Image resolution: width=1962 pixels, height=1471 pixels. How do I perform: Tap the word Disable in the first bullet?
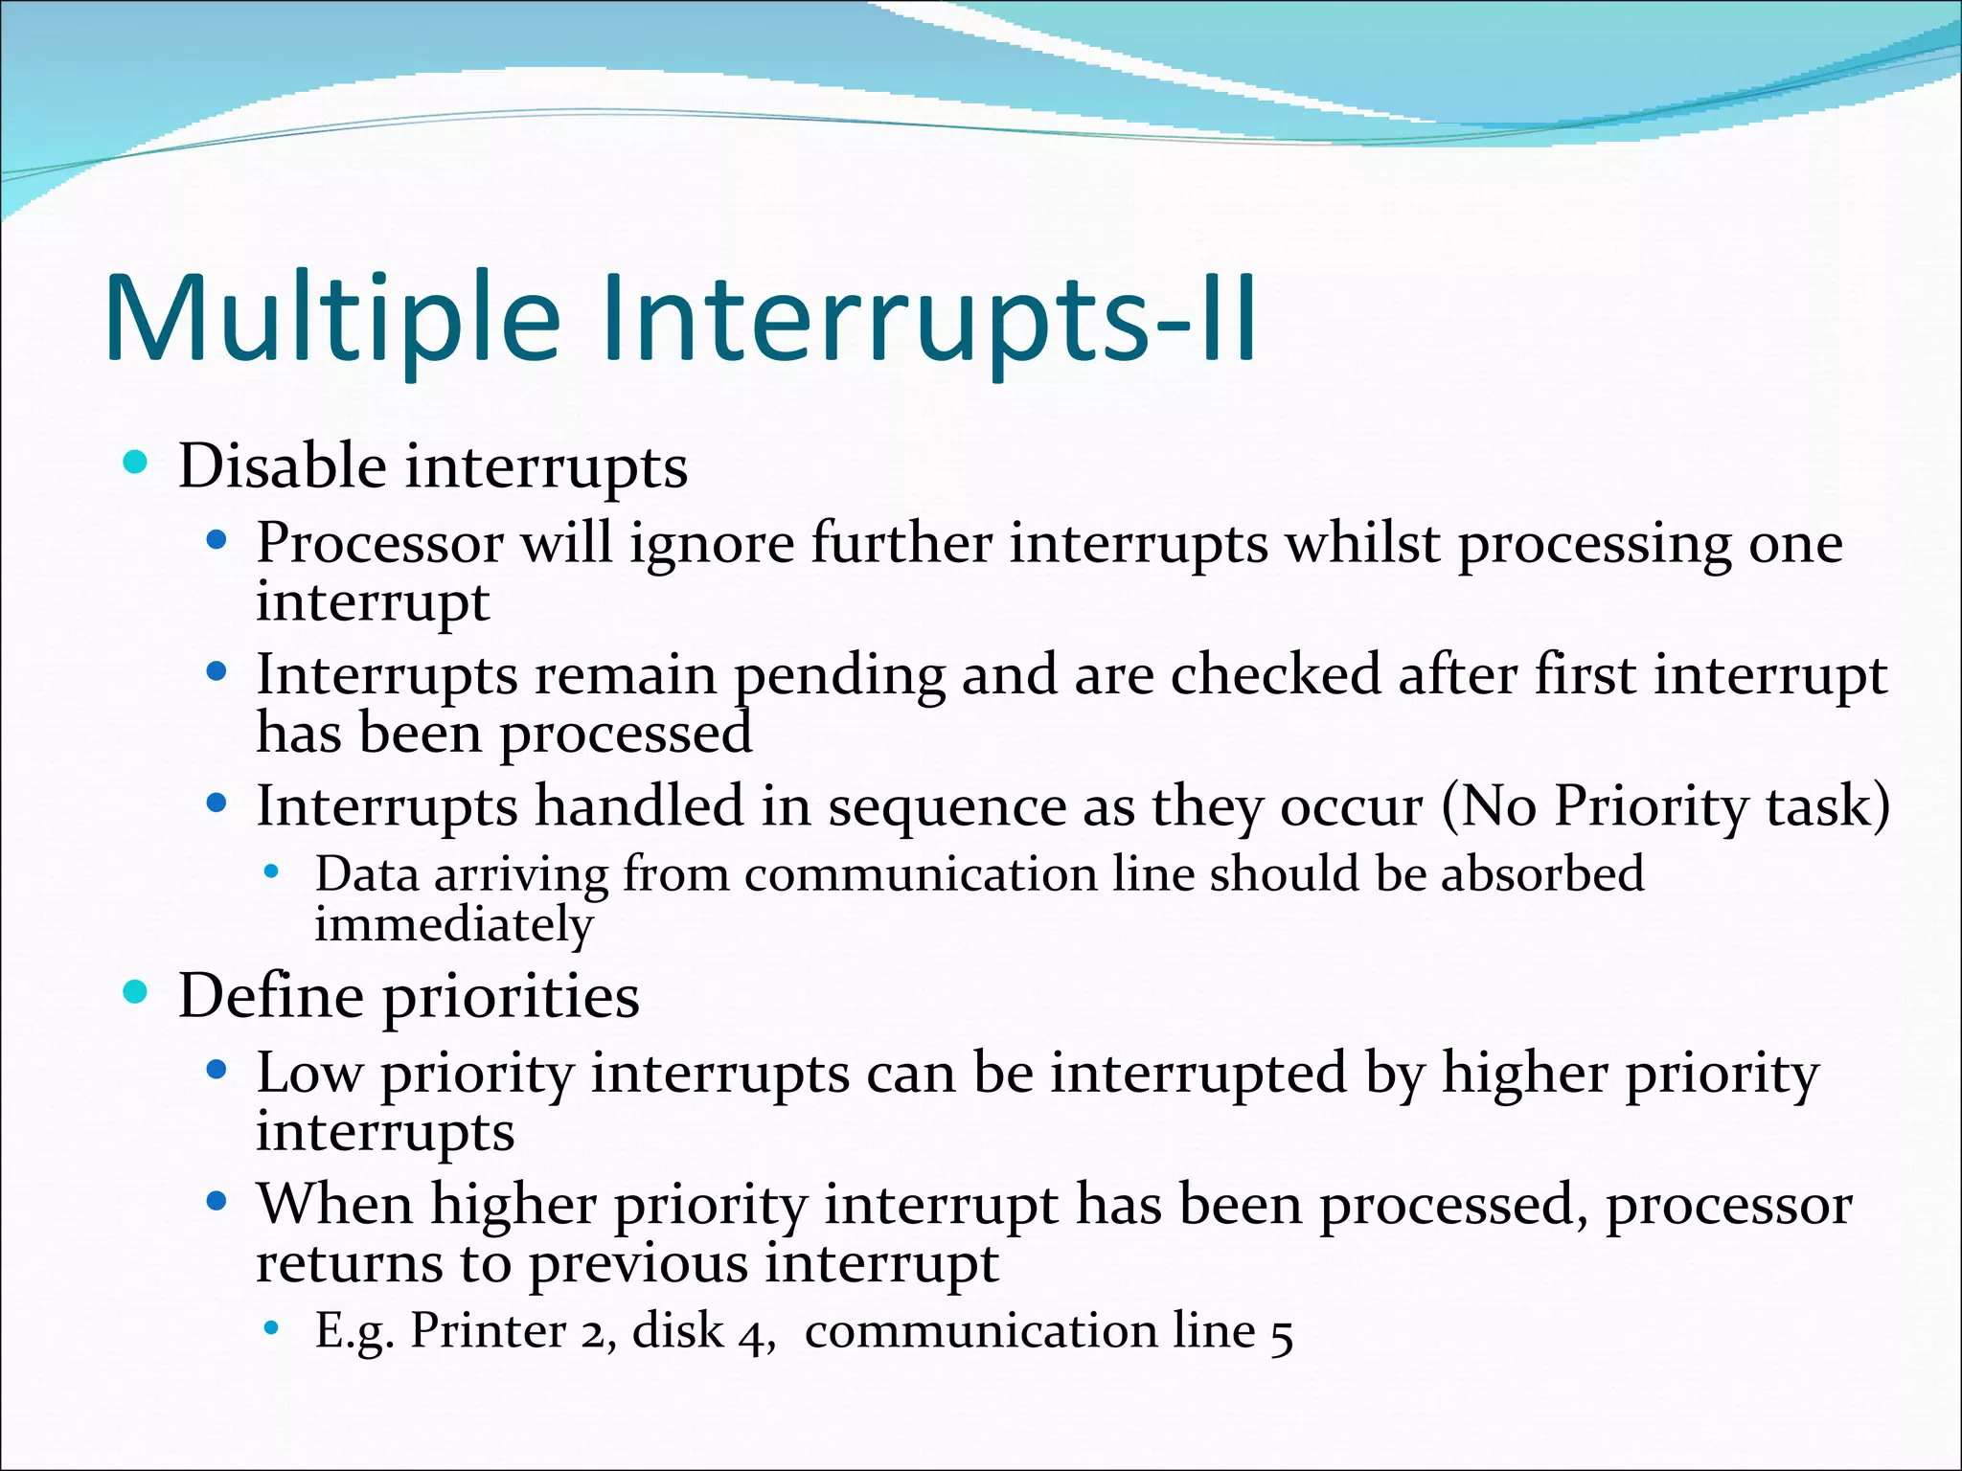pos(282,466)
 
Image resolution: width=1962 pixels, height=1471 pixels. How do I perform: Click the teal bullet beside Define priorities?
pos(135,992)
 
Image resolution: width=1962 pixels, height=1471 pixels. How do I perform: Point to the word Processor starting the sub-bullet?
pos(379,544)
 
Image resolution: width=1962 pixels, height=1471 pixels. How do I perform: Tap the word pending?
pos(839,676)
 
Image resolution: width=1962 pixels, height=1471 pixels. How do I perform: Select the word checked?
pos(1275,674)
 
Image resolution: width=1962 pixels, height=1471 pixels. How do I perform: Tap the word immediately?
pos(454,925)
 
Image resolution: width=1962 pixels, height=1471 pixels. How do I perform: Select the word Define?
pos(271,996)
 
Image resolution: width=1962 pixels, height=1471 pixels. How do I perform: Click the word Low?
pos(308,1073)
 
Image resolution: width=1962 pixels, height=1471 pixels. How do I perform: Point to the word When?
pos(334,1204)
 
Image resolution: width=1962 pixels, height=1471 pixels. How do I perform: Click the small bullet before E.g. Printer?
pos(272,1328)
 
